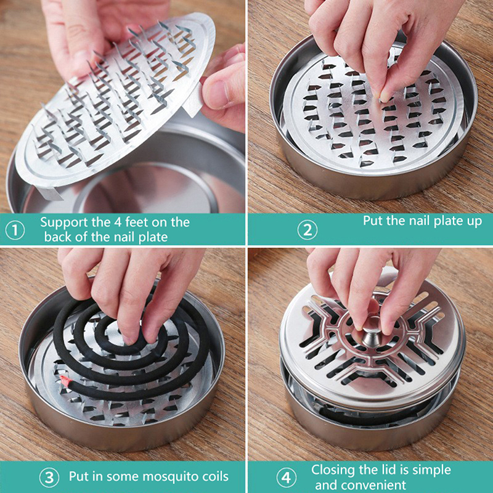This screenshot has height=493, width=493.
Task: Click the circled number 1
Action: pos(15,230)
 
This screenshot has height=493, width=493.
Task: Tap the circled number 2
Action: pos(307,230)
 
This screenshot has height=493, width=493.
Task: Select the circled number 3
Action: pos(49,478)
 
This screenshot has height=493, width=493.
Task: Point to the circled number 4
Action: pos(286,478)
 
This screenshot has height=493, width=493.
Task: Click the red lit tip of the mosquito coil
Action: pos(65,380)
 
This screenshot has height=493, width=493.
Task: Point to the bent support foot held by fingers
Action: pos(192,99)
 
